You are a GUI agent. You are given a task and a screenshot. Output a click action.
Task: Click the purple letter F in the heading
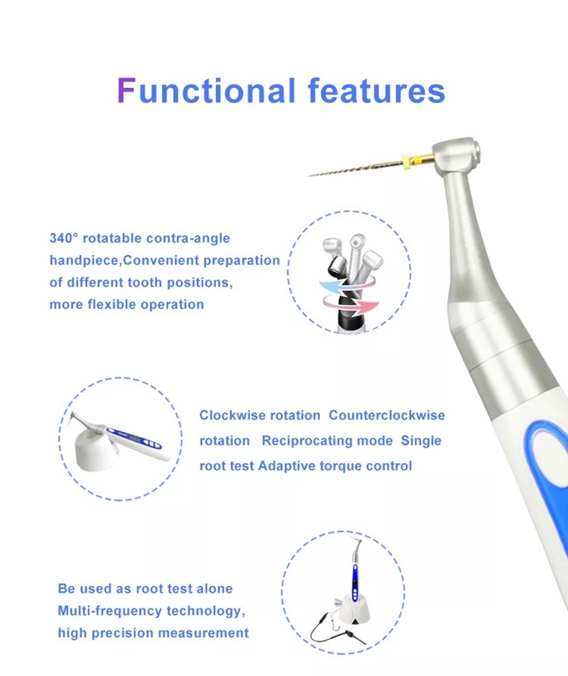[x=126, y=91]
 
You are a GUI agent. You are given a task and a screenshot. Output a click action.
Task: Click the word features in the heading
[x=376, y=91]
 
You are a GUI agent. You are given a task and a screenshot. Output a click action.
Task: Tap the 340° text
[x=65, y=238]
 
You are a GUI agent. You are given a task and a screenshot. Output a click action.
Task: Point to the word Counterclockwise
[x=387, y=415]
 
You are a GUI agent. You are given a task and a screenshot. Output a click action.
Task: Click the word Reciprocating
[x=306, y=440]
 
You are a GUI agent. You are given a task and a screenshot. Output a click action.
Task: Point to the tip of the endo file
[x=311, y=174]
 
